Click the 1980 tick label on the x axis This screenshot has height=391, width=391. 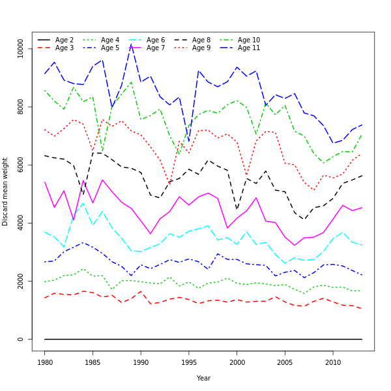[45, 362]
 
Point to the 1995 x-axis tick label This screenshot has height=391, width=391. [189, 362]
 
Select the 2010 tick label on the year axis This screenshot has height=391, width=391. [333, 362]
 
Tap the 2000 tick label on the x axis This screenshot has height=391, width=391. [237, 362]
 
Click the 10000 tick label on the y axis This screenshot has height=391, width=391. [21, 49]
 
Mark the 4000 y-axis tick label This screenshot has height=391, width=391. [21, 224]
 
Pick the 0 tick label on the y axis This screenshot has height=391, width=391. [21, 339]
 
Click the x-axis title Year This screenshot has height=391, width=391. [203, 378]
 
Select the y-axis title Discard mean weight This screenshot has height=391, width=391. [6, 192]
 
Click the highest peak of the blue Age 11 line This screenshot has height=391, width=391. [131, 44]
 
